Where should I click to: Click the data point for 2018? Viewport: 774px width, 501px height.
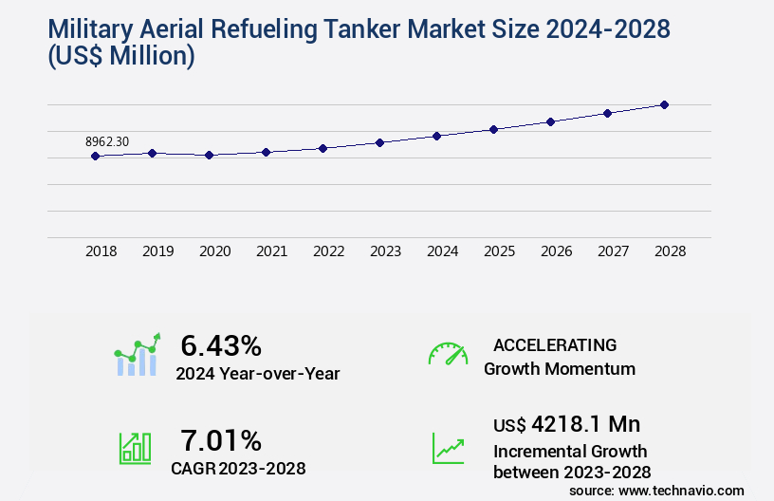[96, 156]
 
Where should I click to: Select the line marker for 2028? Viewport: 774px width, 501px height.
[665, 104]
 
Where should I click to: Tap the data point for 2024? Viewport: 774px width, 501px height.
[437, 136]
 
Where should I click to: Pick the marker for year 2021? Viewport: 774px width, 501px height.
[267, 152]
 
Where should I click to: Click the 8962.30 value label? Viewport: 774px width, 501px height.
[107, 141]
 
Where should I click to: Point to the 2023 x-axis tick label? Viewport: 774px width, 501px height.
[385, 251]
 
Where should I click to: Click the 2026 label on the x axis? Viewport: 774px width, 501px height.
[556, 251]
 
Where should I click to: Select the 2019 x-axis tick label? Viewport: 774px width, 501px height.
[157, 251]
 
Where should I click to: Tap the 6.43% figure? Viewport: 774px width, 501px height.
[221, 345]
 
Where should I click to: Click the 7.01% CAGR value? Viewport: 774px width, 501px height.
[221, 440]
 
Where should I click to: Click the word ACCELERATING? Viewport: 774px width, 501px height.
[555, 344]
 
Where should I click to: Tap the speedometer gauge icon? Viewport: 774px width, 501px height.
[448, 354]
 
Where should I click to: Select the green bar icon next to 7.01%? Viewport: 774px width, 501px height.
[135, 448]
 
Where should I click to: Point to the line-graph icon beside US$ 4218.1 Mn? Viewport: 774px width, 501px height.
[448, 448]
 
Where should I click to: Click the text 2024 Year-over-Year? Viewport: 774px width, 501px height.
[257, 374]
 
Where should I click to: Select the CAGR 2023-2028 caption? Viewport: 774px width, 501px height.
[238, 468]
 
